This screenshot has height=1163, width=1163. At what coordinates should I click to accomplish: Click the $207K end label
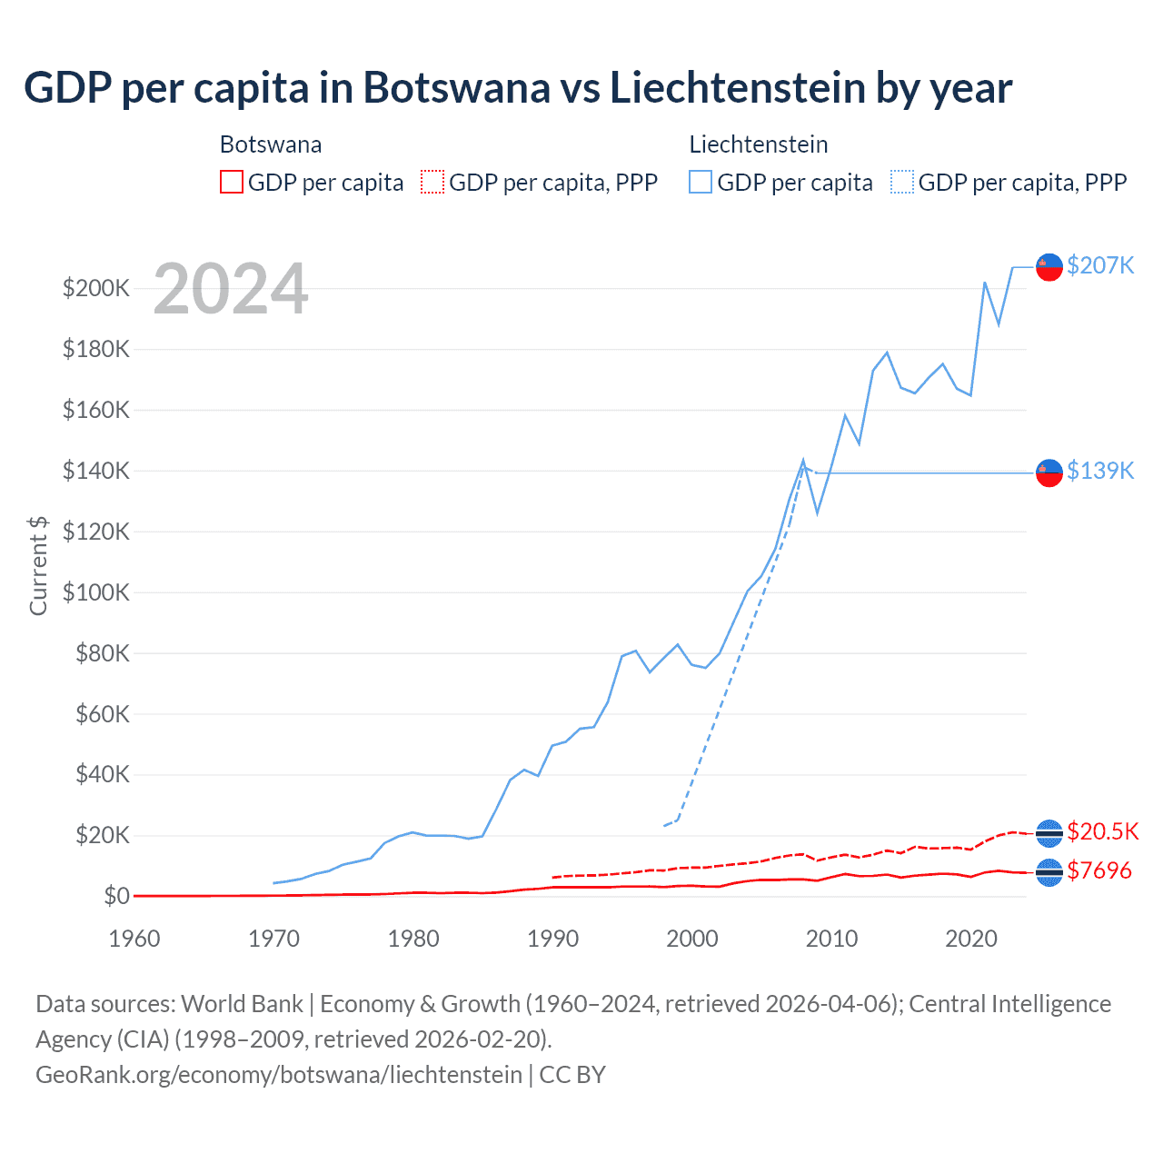(1100, 265)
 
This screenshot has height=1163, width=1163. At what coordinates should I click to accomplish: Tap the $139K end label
(1100, 471)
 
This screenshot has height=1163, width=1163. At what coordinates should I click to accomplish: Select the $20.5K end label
(1102, 831)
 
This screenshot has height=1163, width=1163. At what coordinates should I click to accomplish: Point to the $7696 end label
(1099, 870)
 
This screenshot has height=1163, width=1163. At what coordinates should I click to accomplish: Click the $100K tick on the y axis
(96, 592)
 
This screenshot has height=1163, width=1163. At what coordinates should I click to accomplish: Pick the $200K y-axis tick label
(96, 289)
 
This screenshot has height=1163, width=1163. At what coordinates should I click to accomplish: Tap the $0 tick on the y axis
(116, 896)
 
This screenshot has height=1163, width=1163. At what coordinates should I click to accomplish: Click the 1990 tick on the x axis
(552, 939)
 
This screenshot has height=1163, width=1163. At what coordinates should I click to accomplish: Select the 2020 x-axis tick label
(971, 939)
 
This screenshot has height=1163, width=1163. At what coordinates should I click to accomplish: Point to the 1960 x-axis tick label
(134, 939)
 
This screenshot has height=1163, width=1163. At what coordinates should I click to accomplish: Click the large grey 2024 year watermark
(231, 290)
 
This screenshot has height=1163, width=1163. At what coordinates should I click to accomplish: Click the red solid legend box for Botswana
(232, 183)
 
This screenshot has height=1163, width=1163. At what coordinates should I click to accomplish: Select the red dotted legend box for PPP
(432, 183)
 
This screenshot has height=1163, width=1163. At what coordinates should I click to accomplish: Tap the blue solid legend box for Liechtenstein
(701, 183)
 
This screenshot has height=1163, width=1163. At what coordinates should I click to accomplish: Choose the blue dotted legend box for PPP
(902, 183)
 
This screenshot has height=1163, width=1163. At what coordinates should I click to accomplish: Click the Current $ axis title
(38, 565)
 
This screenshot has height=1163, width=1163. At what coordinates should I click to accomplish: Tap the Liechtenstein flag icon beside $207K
(1049, 266)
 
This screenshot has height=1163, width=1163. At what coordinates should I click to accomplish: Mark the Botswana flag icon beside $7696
(1049, 871)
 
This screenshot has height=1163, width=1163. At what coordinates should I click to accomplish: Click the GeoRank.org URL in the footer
(279, 1075)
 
